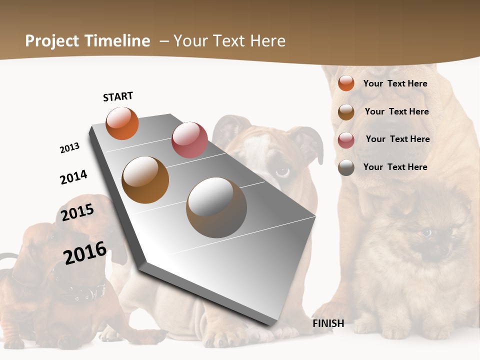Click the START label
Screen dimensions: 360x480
point(118,96)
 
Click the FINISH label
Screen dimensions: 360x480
point(328,323)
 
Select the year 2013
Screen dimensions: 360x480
point(69,148)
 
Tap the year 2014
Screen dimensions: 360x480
point(73,177)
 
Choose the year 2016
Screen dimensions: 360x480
point(85,253)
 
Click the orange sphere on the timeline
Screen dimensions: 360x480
point(122,123)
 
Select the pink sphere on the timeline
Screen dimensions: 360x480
point(189,139)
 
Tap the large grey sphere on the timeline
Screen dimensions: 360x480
point(216,207)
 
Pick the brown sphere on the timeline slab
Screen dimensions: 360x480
point(145,180)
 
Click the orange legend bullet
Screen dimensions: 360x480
point(346,83)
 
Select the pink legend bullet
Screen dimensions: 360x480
point(346,140)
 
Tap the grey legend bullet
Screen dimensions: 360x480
point(346,167)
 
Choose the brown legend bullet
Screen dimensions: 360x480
point(346,112)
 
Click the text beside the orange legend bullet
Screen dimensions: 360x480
point(395,83)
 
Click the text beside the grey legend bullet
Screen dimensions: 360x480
point(395,167)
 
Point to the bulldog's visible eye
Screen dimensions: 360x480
point(282,171)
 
